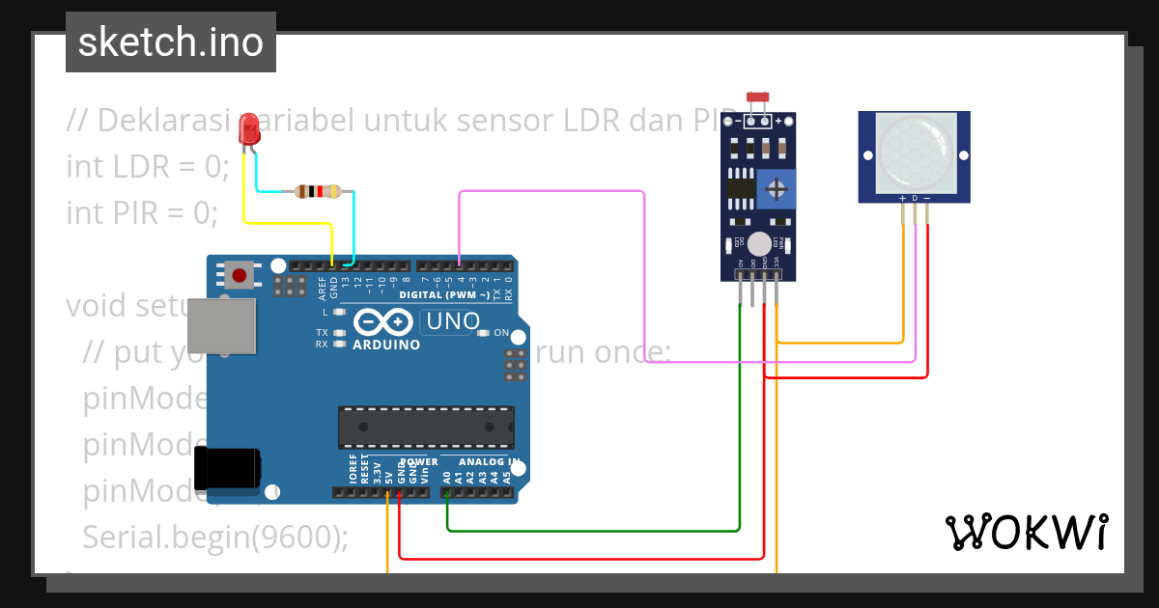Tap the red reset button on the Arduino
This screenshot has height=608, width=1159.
240,275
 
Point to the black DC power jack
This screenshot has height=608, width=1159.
226,468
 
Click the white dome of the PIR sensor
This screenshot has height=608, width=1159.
914,152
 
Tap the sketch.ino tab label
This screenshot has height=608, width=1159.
171,42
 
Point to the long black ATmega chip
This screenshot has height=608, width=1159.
426,428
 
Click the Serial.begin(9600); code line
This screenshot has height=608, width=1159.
215,537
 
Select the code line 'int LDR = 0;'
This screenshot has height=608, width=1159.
148,166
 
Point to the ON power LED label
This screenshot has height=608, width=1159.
500,333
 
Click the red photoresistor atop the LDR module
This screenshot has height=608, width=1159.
757,97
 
